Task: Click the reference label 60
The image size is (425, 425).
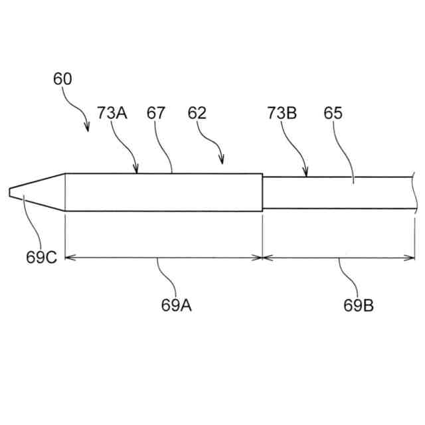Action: (x=63, y=79)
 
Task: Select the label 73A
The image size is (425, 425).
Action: (x=112, y=113)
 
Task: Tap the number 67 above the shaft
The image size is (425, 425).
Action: (x=156, y=113)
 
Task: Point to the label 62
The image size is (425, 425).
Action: (x=197, y=113)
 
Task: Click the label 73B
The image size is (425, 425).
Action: (x=282, y=113)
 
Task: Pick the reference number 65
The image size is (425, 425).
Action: (x=333, y=113)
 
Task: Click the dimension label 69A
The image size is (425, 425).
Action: (x=177, y=305)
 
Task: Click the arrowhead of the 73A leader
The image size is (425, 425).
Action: (x=137, y=171)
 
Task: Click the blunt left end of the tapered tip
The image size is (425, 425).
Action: (x=9, y=193)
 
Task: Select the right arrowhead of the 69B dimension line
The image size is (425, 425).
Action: (x=412, y=257)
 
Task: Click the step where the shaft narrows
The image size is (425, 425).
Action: (x=263, y=193)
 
